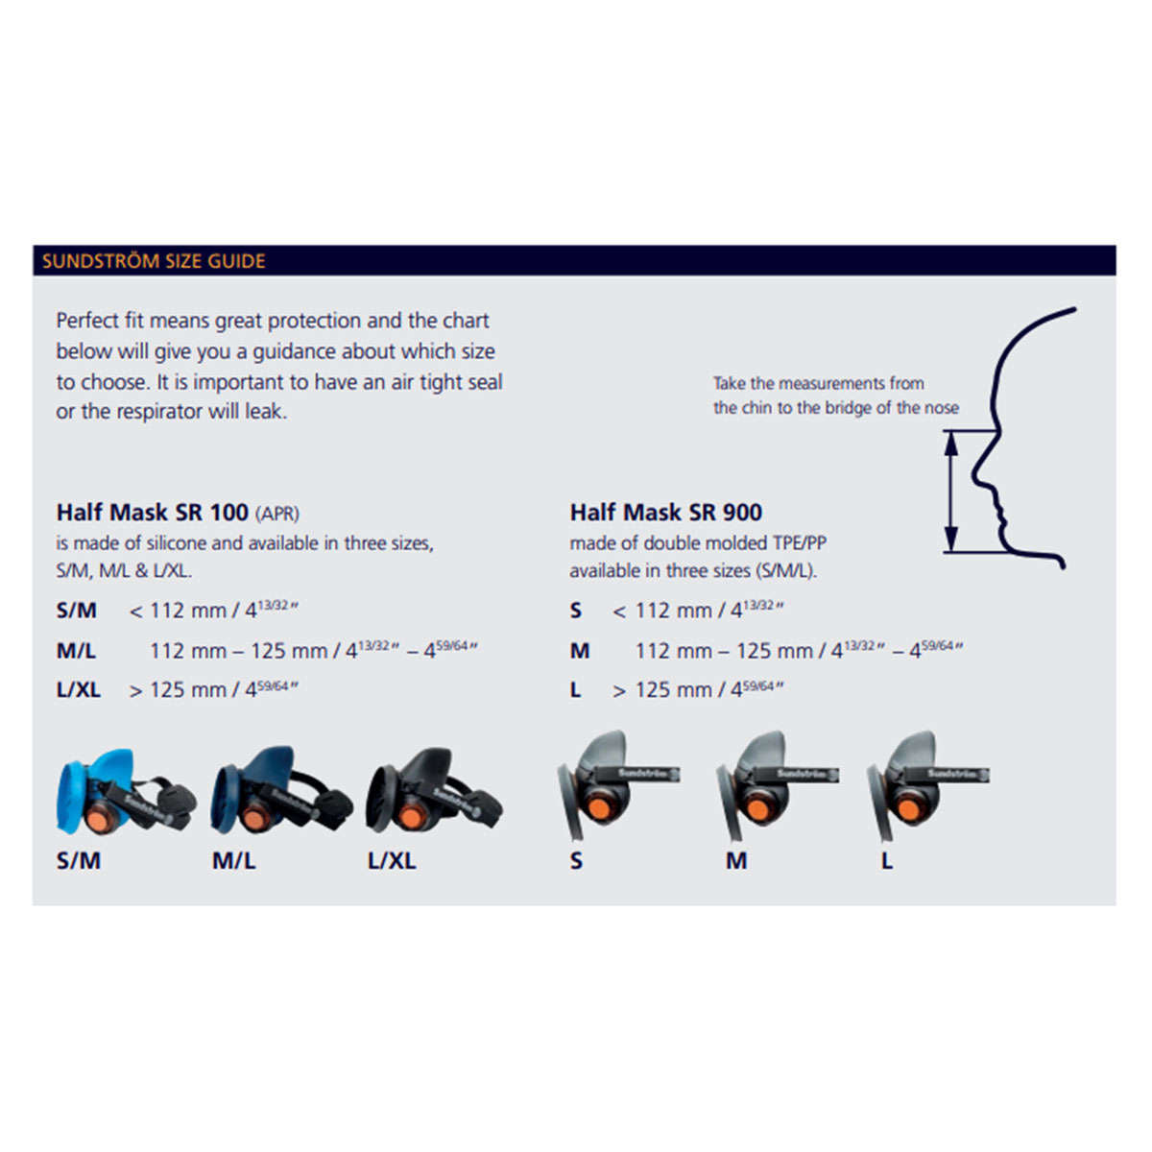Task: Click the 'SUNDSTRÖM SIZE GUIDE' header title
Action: pyautogui.click(x=154, y=261)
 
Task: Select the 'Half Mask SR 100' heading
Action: pyautogui.click(x=152, y=513)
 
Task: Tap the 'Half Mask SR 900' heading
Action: pyautogui.click(x=666, y=513)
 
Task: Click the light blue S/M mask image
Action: pyautogui.click(x=126, y=791)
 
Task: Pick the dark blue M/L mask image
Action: pyautogui.click(x=281, y=790)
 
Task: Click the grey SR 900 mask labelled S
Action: pyautogui.click(x=618, y=784)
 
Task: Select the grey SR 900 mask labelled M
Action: pyautogui.click(x=778, y=784)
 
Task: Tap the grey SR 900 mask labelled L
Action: pyautogui.click(x=927, y=784)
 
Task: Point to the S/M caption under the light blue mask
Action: pyautogui.click(x=79, y=861)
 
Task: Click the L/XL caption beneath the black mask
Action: pyautogui.click(x=392, y=861)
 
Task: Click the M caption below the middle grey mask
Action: pyautogui.click(x=736, y=861)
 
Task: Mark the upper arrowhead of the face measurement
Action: pyautogui.click(x=951, y=444)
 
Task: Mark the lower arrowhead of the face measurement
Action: pyautogui.click(x=951, y=540)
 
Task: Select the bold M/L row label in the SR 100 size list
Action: pyautogui.click(x=76, y=651)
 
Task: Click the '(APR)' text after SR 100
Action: pyautogui.click(x=277, y=514)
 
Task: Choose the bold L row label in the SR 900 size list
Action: pyautogui.click(x=575, y=690)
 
